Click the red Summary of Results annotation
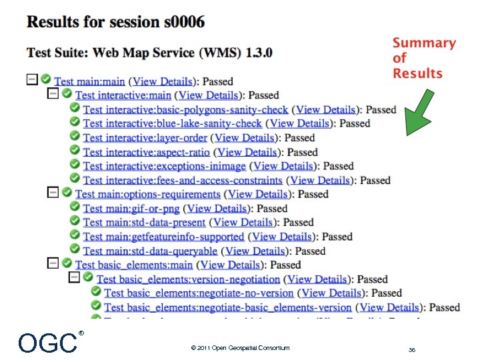coord(424,59)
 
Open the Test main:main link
coord(89,81)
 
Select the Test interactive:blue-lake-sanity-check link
coord(172,123)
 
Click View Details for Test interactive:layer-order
coord(244,138)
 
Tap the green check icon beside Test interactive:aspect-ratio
coord(74,151)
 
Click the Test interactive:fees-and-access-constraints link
coord(182,180)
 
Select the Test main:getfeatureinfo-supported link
coord(163,237)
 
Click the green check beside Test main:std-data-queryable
coord(74,250)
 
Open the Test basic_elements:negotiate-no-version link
coord(199,293)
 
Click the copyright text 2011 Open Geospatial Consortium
coord(240,348)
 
